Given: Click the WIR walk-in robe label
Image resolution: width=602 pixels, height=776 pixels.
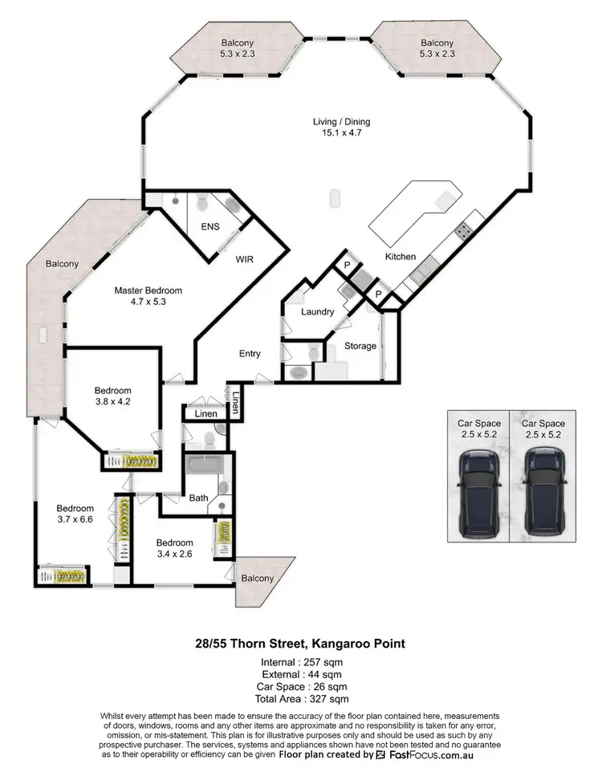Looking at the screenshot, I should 244,260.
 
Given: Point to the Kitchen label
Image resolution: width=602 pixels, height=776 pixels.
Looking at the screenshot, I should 400,257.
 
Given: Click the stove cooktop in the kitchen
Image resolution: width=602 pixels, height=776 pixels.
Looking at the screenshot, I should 464,231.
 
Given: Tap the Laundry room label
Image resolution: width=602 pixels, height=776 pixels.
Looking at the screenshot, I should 317,311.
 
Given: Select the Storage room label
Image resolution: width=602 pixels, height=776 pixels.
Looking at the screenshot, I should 360,346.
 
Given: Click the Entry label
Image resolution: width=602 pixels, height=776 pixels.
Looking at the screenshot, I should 250,354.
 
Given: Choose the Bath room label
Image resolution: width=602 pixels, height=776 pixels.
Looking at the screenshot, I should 198,498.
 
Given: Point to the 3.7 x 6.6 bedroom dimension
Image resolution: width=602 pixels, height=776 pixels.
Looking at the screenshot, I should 75,519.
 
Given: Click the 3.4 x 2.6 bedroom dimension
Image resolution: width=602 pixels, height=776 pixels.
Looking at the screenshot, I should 174,553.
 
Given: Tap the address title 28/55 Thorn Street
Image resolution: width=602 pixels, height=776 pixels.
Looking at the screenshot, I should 301,644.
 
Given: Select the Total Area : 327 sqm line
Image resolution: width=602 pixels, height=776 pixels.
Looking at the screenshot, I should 301,699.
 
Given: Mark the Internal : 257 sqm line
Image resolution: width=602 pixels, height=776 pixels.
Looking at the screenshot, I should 301,663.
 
